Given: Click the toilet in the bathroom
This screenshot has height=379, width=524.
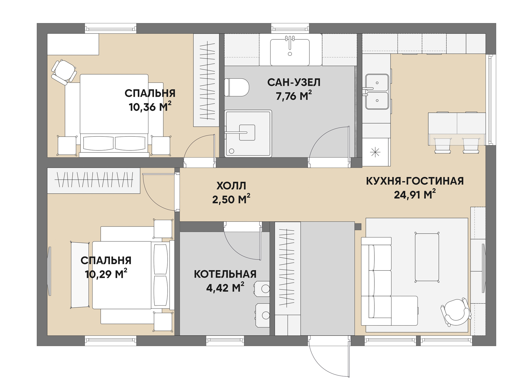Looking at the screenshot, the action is point(237,87).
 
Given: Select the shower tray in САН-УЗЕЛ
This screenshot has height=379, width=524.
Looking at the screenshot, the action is point(248,133).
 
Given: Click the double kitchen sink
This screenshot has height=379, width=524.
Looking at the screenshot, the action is point(377,92).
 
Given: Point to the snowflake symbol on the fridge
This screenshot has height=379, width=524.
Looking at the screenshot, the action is point(375,152).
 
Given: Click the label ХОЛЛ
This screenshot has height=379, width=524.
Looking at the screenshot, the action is point(231,186).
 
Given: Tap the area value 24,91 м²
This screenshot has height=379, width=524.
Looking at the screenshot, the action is point(415,194).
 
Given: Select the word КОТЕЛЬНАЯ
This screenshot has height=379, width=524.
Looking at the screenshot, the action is point(225,274).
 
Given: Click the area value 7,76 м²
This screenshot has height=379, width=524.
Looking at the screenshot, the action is point(294,96).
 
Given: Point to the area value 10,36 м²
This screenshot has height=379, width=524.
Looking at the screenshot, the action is point(150,107).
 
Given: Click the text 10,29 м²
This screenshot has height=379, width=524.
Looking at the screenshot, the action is point(106,274).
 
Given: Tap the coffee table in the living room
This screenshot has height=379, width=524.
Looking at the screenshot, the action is point(427,257).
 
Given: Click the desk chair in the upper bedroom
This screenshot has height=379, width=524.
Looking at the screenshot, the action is point(64,72).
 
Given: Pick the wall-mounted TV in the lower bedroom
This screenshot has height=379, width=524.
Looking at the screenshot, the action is point(50,271).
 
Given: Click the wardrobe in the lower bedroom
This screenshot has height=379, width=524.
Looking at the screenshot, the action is point(94,180).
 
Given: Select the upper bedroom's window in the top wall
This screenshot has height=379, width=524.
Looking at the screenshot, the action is point(111,29).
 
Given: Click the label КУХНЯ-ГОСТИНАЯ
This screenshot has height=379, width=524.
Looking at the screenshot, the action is point(415,181).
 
